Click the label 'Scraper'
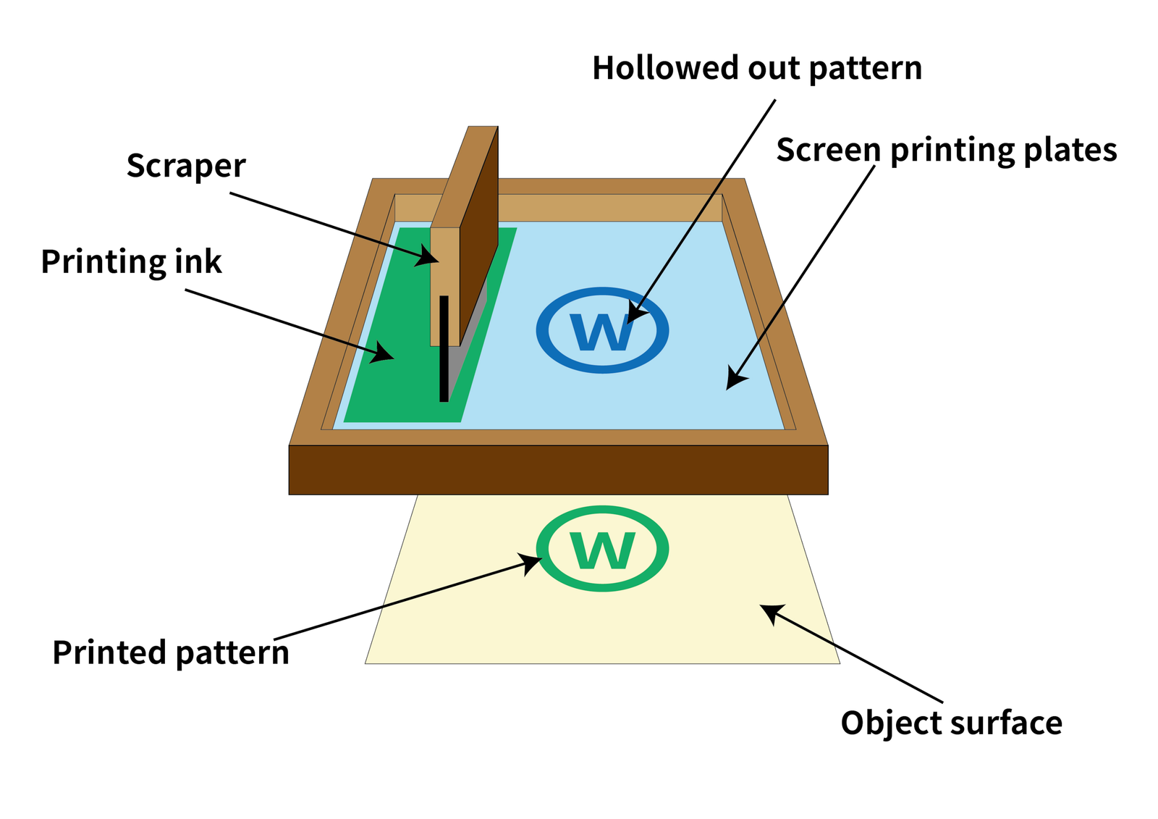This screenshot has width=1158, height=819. coord(186,167)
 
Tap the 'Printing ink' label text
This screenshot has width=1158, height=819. coord(131,262)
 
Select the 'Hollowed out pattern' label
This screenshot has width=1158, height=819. coord(757,69)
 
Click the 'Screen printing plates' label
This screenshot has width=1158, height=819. coord(946,151)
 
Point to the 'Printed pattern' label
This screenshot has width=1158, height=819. coord(171,653)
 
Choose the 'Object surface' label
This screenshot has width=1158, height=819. coord(951,723)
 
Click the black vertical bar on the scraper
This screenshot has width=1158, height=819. coord(444,348)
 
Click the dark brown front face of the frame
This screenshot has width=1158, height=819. coord(557,470)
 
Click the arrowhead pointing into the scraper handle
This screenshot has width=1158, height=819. coord(428,256)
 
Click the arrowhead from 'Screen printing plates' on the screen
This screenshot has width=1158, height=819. coord(736,379)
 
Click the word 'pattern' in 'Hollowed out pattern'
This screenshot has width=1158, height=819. coord(865,69)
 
